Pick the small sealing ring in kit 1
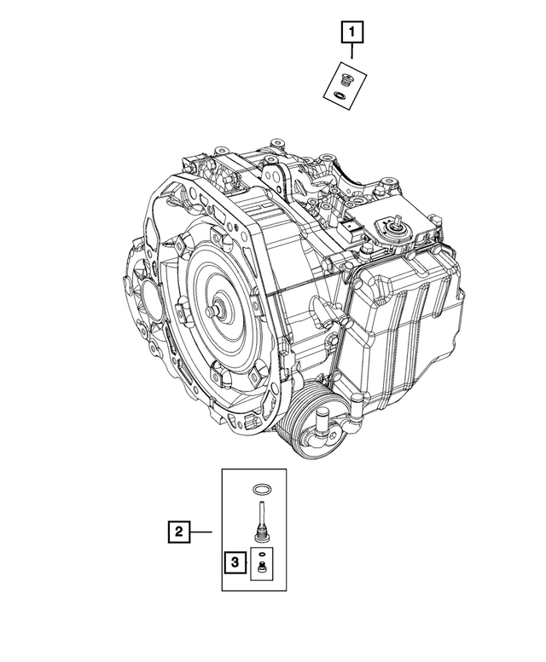click(x=340, y=95)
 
